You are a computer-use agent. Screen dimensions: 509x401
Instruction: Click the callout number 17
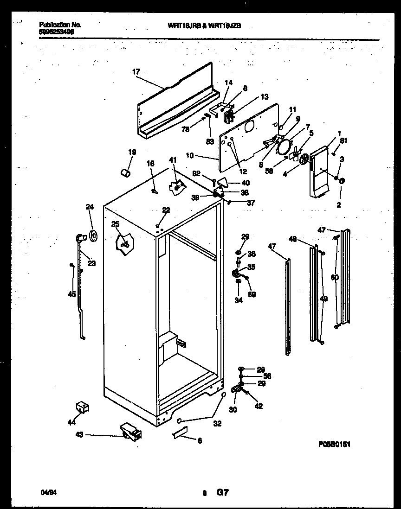point(136,72)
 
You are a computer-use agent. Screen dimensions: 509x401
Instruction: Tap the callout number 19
point(132,152)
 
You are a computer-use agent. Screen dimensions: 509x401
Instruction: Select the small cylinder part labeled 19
point(124,173)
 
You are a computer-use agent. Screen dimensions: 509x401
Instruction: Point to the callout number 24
point(89,207)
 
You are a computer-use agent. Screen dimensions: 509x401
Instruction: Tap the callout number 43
point(80,434)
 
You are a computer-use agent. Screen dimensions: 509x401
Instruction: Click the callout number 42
point(259,406)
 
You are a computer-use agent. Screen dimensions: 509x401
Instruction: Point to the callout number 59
point(252,294)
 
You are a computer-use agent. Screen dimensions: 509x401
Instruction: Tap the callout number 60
point(335,278)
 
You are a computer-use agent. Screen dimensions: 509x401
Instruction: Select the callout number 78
point(186,131)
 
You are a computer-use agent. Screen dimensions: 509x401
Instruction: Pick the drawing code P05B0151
point(334,444)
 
